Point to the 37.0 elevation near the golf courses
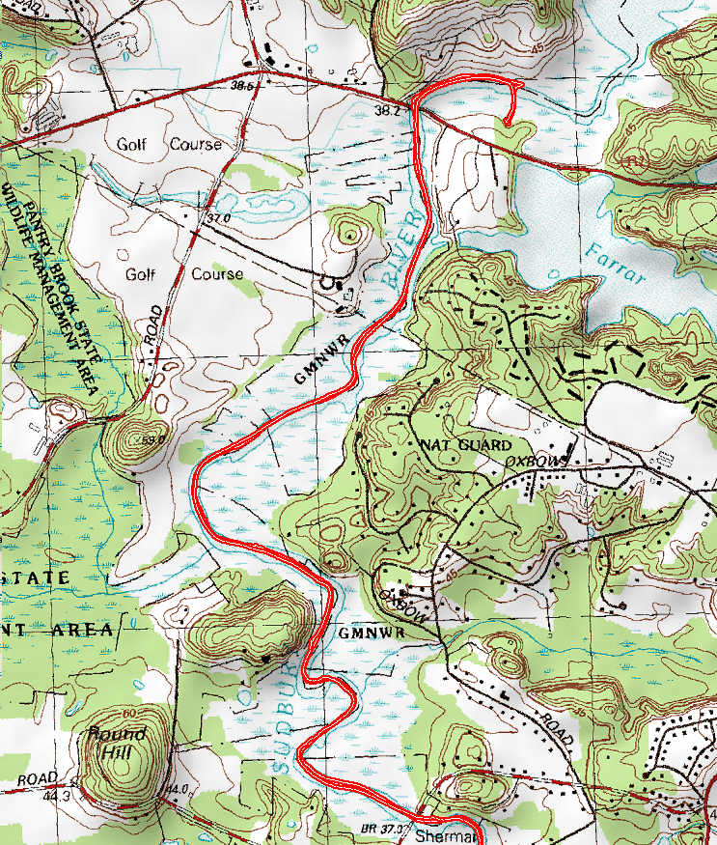[x=218, y=219]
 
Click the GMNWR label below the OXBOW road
[x=364, y=633]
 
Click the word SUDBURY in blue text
[x=280, y=715]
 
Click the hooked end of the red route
[x=508, y=122]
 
